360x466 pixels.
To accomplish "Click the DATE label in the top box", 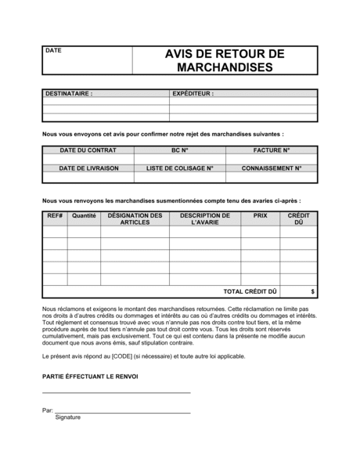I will [x=53, y=51].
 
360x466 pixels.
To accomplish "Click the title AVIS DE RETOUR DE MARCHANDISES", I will [x=225, y=60].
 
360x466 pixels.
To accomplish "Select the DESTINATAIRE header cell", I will [x=69, y=93].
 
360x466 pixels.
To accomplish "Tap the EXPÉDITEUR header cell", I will [x=193, y=93].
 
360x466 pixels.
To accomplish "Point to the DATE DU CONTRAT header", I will [x=88, y=150].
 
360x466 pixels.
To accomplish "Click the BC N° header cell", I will [x=180, y=150].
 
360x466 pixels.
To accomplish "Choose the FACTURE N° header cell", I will [x=272, y=150].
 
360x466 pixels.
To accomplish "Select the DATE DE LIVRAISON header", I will [x=88, y=168].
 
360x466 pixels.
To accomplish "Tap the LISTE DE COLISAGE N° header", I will [x=180, y=168].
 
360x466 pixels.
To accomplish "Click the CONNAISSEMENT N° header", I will [x=272, y=168].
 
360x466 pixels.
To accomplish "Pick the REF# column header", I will [x=55, y=215].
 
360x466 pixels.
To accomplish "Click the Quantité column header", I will [x=84, y=215].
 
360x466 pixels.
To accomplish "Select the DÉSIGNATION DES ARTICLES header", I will [x=135, y=219].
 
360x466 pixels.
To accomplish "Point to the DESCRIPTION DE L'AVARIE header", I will [x=204, y=219].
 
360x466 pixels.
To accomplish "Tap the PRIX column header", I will [x=260, y=215].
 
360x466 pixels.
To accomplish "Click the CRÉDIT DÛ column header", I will [x=298, y=219].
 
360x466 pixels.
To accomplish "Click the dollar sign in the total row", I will [x=313, y=291].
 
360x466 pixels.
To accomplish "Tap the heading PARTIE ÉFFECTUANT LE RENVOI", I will [x=90, y=377].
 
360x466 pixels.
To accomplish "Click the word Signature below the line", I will [x=68, y=417].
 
